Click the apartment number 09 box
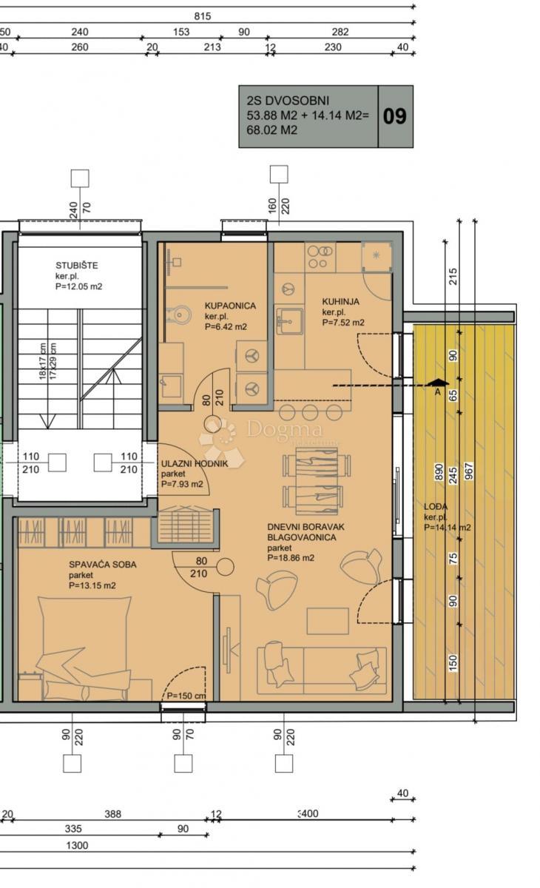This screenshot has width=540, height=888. [395, 117]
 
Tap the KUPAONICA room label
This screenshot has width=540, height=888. [230, 305]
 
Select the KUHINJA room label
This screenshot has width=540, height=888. [340, 301]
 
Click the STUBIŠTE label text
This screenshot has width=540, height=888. [77, 265]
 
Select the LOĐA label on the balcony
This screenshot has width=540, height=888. [435, 507]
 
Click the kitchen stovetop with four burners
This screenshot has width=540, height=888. [320, 257]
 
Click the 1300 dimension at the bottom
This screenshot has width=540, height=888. [77, 846]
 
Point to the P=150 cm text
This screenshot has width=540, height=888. [186, 696]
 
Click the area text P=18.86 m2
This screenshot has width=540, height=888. [291, 558]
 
